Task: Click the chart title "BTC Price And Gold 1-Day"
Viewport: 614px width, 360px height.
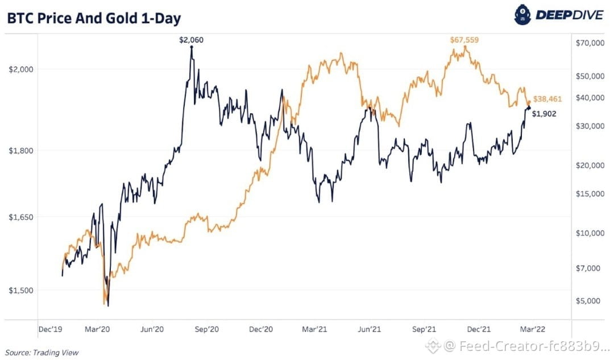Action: click(94, 18)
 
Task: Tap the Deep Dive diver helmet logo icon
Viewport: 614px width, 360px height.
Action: click(522, 15)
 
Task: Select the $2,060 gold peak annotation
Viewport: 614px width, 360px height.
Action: click(191, 40)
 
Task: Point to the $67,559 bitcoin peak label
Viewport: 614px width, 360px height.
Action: click(464, 40)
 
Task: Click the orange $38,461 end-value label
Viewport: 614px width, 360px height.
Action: click(547, 99)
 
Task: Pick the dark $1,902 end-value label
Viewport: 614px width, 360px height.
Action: click(544, 114)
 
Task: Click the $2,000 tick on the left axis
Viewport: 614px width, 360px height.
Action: click(21, 69)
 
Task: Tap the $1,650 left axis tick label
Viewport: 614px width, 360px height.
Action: click(21, 217)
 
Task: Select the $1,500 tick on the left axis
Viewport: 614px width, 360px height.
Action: click(21, 290)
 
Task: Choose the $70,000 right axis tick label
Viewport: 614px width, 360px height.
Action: click(590, 43)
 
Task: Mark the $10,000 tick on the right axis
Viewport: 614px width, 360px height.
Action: click(590, 233)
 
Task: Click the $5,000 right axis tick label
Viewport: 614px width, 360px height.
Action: click(588, 301)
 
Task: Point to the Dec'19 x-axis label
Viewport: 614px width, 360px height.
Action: click(50, 329)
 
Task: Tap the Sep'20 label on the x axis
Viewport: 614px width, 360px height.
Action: click(206, 329)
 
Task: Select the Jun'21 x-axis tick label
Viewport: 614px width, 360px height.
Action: click(370, 329)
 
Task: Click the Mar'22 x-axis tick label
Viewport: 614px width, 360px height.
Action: click(533, 329)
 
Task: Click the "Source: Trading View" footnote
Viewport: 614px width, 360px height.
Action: click(42, 353)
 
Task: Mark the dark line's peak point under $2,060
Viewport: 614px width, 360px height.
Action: click(192, 47)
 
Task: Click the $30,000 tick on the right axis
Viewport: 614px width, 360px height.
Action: click(590, 126)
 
